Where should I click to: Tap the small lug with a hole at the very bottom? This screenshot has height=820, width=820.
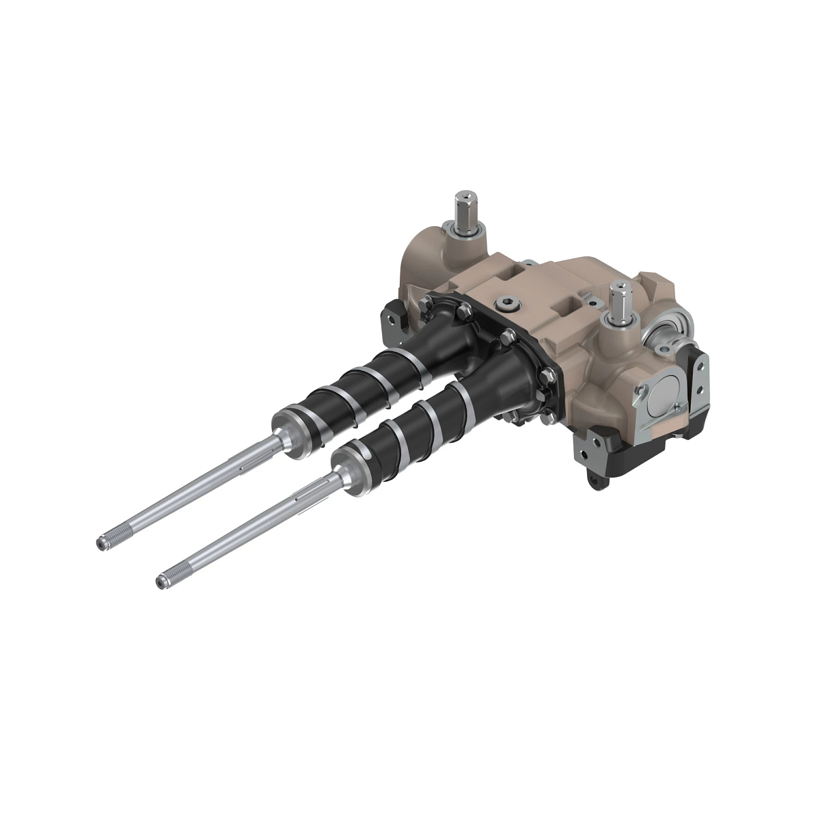coord(597,480)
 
